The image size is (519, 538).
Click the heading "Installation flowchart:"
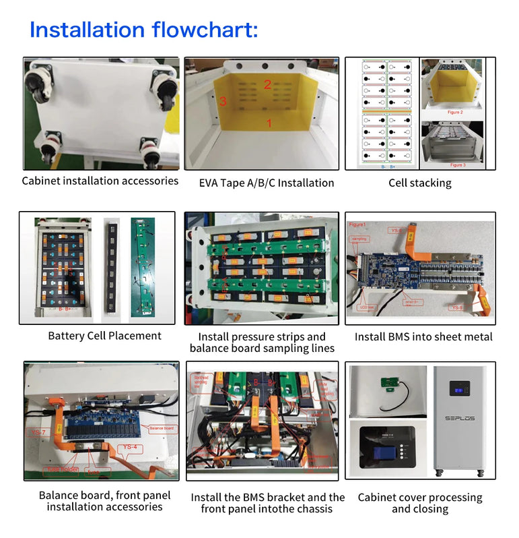click(143, 30)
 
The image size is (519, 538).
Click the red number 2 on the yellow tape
click(267, 84)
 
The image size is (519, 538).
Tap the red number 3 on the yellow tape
click(223, 101)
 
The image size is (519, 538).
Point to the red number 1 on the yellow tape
click(269, 123)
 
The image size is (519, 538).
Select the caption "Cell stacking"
click(420, 183)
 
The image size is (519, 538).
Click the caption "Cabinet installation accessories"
click(100, 181)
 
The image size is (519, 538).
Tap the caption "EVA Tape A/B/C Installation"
click(267, 183)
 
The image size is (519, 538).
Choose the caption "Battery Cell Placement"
click(104, 336)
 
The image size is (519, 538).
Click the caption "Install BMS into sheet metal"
click(423, 336)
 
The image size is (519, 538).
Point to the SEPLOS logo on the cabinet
click(460, 418)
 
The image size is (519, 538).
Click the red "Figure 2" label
click(455, 112)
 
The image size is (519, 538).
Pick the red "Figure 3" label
click(456, 165)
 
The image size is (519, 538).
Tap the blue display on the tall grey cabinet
click(460, 390)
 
